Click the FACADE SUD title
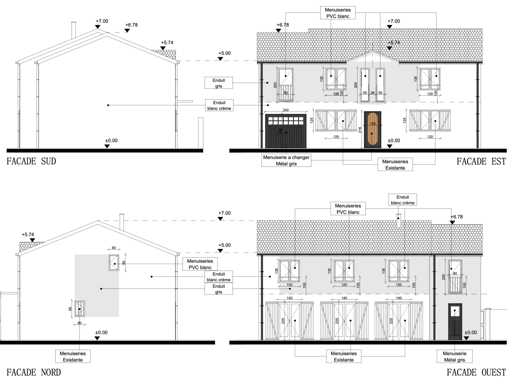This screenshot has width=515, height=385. [31, 161]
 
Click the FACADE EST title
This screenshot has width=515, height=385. [481, 162]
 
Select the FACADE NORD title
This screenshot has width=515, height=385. [34, 372]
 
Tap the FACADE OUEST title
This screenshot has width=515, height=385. [476, 372]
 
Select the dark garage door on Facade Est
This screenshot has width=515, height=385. [286, 131]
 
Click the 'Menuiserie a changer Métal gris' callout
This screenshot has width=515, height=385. [286, 161]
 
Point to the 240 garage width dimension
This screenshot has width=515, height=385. [286, 110]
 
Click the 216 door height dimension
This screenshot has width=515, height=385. [360, 130]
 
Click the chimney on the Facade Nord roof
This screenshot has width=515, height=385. [122, 222]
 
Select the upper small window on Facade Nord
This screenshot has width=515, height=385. [114, 262]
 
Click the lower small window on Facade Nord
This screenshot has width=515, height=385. [80, 309]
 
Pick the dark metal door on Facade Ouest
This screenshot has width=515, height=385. [455, 322]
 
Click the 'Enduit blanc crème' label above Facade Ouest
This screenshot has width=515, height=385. [403, 200]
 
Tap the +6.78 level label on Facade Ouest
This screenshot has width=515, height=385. [457, 217]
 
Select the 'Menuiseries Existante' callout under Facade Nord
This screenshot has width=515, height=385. [73, 357]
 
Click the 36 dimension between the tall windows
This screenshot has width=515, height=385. [372, 93]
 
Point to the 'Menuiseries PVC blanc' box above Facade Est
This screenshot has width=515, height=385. [338, 13]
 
